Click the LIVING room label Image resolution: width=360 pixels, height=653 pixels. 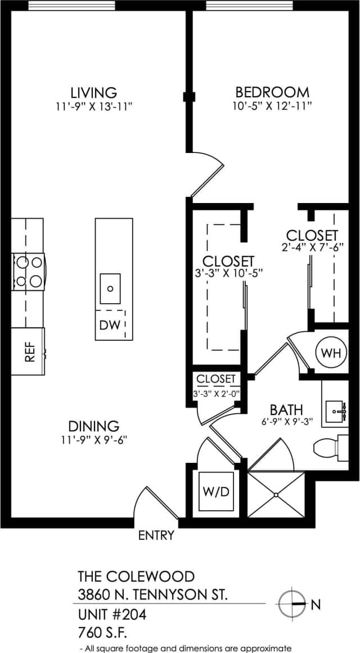93,92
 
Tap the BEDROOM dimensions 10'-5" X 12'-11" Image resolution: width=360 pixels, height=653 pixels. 272,105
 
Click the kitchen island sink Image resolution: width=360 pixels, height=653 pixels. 110,289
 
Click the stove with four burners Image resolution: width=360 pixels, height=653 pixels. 29,272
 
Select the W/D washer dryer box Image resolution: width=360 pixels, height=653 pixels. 216,491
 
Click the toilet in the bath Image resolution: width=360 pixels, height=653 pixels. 330,448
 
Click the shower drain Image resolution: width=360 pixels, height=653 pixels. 276,495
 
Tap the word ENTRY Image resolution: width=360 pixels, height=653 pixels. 156,535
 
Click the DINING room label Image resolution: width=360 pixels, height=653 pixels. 93,426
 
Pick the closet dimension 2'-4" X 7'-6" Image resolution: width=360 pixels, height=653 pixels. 312,246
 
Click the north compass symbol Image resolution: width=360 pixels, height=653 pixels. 292,605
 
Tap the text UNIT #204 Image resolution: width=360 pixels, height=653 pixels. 112,615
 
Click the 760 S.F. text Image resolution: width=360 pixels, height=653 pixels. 104,633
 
